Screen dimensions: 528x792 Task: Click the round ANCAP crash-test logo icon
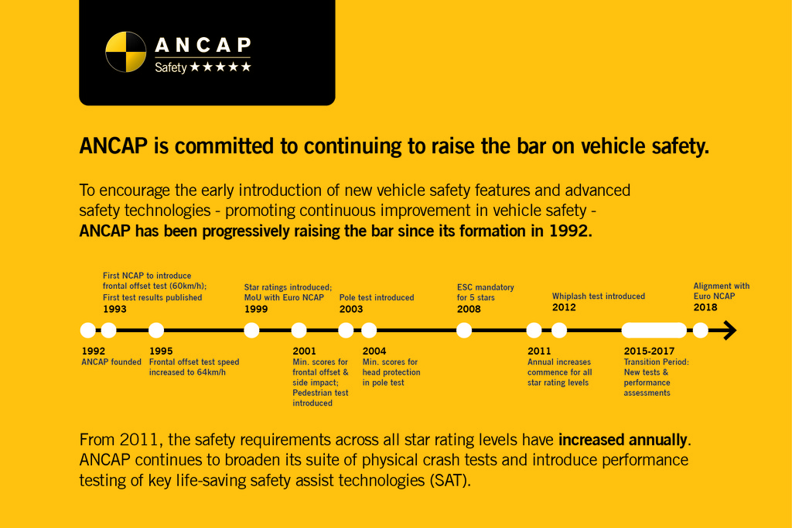point(125,51)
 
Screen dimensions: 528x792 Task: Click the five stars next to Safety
point(220,67)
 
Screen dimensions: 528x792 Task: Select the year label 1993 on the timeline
point(114,309)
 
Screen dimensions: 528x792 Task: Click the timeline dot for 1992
point(88,331)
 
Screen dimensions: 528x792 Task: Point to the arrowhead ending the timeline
point(729,331)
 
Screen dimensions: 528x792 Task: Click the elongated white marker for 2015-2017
point(654,331)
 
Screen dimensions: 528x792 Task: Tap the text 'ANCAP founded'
point(111,362)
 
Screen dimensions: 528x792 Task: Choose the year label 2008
point(469,309)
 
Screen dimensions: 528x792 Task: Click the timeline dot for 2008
point(464,331)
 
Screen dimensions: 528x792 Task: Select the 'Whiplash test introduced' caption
point(598,296)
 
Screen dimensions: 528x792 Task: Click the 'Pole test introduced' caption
point(377,297)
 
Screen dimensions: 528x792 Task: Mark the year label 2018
point(705,307)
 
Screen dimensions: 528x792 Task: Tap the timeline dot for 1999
point(251,331)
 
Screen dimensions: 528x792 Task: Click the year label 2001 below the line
point(305,351)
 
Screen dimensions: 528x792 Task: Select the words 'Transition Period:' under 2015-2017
point(656,362)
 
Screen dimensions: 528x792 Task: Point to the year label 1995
point(161,351)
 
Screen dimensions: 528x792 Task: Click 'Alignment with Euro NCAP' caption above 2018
point(721,291)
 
